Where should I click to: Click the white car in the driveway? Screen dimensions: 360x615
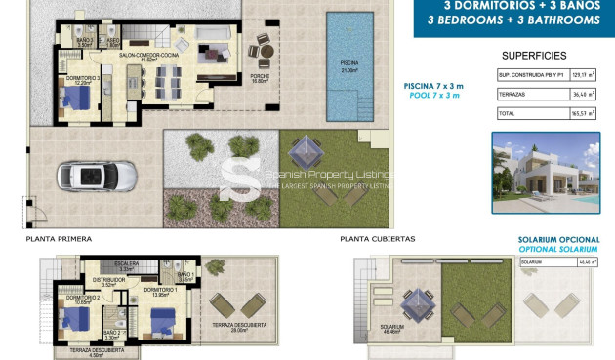point(85,177)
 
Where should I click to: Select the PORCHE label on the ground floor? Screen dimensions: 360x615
point(260,80)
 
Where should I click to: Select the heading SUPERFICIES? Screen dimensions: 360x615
point(534,56)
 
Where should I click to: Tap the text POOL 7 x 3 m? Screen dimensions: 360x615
point(433,96)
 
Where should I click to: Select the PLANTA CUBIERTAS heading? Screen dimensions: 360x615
point(378,238)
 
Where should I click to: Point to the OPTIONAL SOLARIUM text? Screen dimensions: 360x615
point(559,249)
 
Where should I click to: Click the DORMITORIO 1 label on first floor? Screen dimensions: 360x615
point(159,290)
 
